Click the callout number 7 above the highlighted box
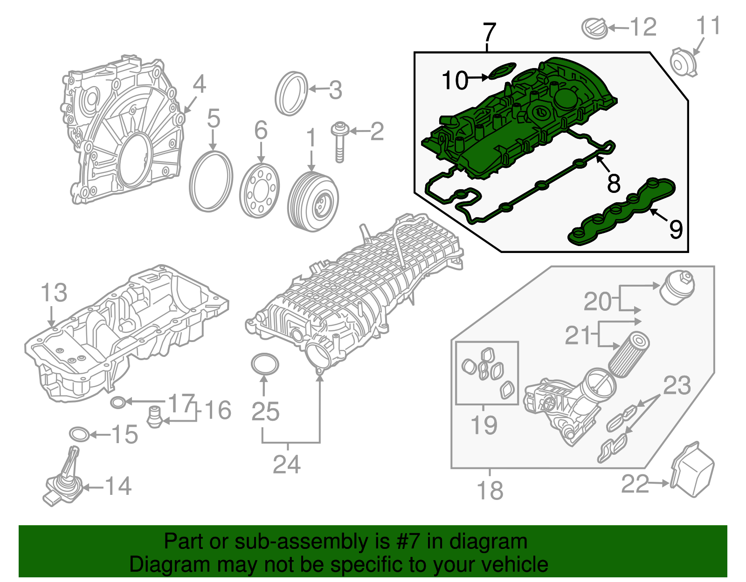(x=489, y=33)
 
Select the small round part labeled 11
(x=683, y=63)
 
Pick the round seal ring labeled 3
(x=291, y=94)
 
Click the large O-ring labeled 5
(x=211, y=181)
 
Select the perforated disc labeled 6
(x=259, y=191)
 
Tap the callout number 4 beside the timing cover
(x=199, y=84)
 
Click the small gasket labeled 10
(x=502, y=71)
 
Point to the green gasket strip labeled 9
(x=622, y=212)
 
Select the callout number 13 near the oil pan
(x=54, y=293)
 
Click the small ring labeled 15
(x=79, y=434)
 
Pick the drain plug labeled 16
(x=153, y=417)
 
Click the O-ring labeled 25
(x=264, y=364)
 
